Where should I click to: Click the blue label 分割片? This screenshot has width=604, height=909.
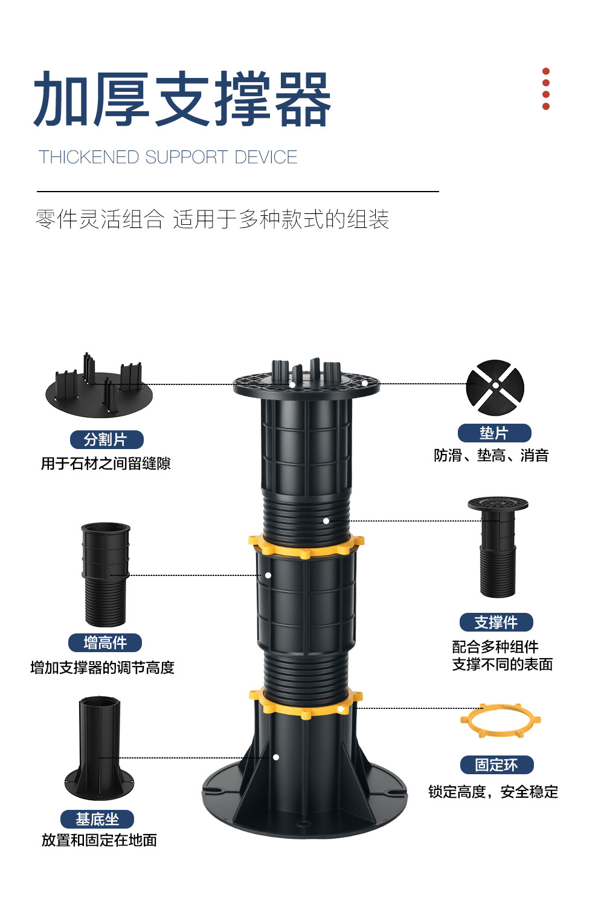pos(106,439)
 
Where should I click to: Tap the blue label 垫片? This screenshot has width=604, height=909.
pos(494,433)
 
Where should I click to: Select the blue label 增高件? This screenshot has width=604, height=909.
pos(105,642)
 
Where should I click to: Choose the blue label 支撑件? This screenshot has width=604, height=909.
pos(496,622)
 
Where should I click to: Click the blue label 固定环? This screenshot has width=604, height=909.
pos(496,765)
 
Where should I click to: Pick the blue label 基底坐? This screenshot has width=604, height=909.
pos(97,819)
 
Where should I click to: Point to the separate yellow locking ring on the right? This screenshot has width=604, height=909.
pos(500,720)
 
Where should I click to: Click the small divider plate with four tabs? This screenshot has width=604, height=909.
pos(99,389)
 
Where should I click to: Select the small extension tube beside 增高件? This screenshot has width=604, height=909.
pos(105,574)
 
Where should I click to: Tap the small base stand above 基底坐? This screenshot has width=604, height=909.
pos(100,749)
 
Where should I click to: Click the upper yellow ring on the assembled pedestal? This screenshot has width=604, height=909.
pos(306,546)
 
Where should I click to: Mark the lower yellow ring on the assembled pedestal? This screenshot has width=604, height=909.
pos(306,703)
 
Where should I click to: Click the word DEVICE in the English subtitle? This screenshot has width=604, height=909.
pos(266,157)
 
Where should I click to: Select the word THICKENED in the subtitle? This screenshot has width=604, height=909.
pos(89,157)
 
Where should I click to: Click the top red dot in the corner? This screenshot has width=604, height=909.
pos(546,71)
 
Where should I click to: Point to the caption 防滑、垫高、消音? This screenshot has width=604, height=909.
pos(491,456)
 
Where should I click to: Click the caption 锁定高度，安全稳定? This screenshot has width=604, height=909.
pos(493,792)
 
